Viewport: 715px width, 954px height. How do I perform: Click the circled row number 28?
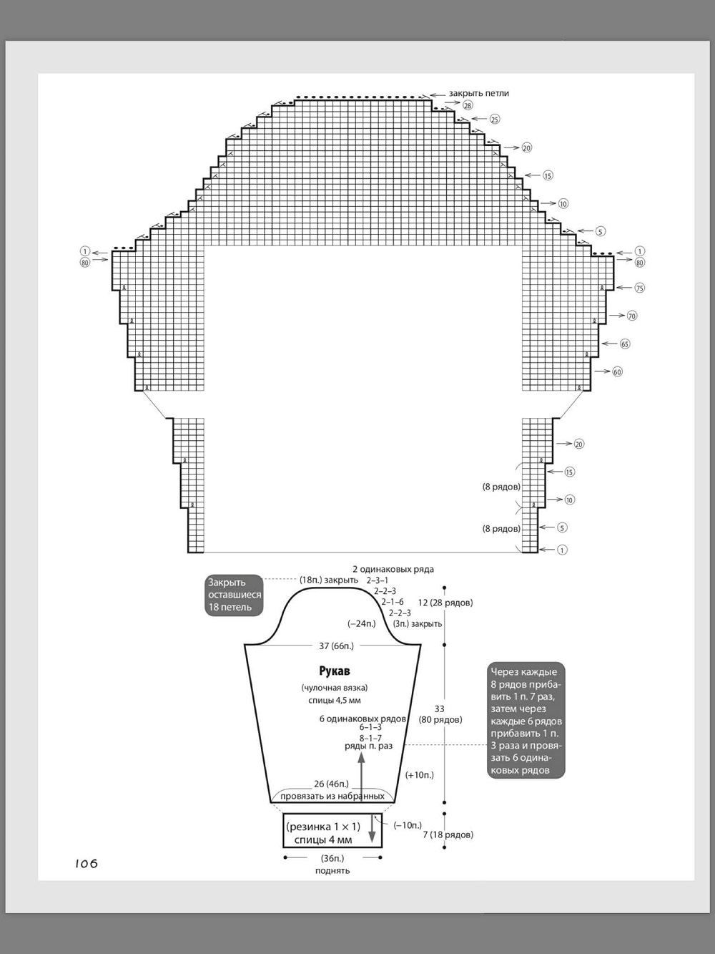pyautogui.click(x=468, y=105)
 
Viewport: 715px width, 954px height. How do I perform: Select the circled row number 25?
pyautogui.click(x=495, y=119)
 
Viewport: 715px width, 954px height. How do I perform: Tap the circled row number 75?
pyautogui.click(x=640, y=288)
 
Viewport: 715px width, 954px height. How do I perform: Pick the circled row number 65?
pyautogui.click(x=625, y=344)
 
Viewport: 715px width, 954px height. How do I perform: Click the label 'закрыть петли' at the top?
pyautogui.click(x=479, y=93)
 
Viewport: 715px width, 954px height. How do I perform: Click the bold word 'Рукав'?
pyautogui.click(x=335, y=671)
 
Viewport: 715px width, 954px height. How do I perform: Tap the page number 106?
pyautogui.click(x=86, y=864)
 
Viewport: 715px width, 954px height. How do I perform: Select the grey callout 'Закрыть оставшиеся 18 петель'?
pyautogui.click(x=235, y=595)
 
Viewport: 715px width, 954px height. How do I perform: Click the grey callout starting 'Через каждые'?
pyautogui.click(x=526, y=721)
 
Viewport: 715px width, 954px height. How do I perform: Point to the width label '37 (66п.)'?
pyautogui.click(x=336, y=646)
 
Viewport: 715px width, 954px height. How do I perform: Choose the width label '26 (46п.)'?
pyautogui.click(x=332, y=784)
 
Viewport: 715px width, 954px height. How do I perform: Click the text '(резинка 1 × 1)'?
pyautogui.click(x=323, y=827)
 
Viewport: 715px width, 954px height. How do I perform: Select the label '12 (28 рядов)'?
pyautogui.click(x=445, y=603)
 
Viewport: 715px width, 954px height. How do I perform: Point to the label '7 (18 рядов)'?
pyautogui.click(x=448, y=834)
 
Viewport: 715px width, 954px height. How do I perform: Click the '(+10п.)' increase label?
pyautogui.click(x=420, y=775)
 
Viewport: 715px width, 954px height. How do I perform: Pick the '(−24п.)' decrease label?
pyautogui.click(x=362, y=623)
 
